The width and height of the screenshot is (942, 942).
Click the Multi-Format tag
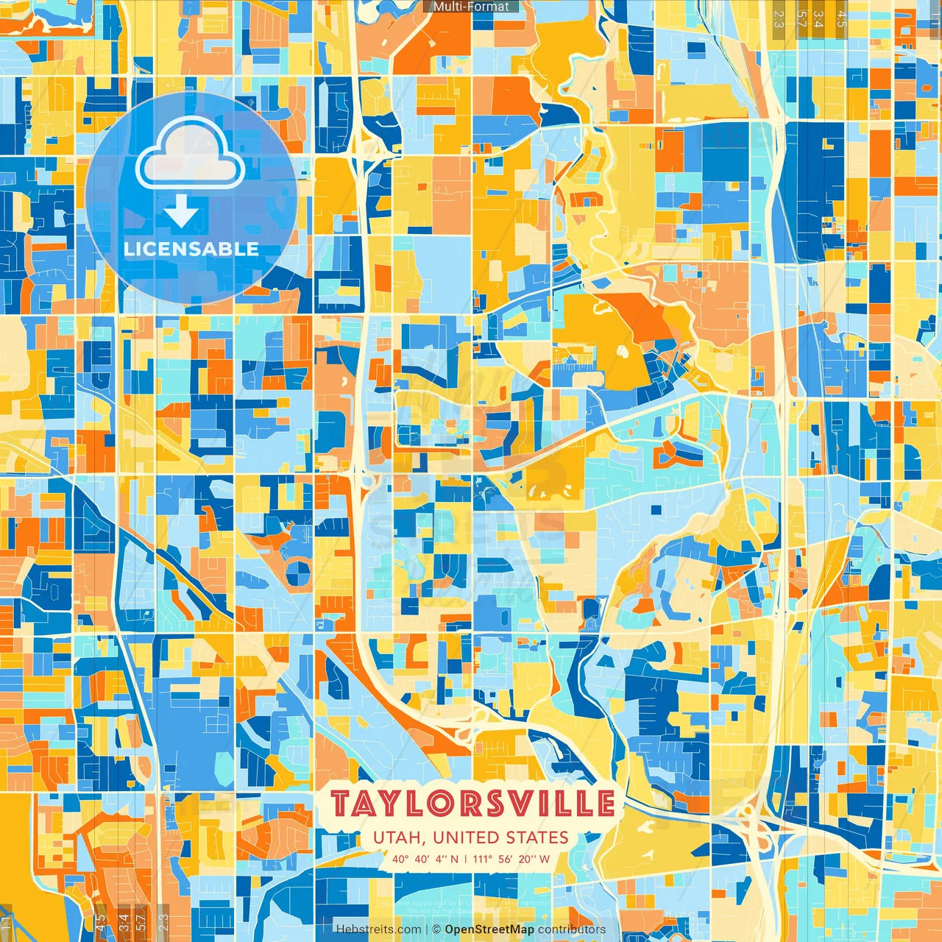[x=471, y=7]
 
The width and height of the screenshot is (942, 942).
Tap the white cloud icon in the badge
[x=190, y=154]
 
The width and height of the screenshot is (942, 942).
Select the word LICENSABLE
[x=191, y=249]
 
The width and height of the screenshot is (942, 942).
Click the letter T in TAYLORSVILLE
[x=341, y=804]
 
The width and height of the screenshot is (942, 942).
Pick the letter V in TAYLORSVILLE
[x=519, y=804]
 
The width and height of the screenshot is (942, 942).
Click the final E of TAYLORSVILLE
[x=605, y=804]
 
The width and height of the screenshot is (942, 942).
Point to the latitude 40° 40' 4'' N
[x=425, y=859]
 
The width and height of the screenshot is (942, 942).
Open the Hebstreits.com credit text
[x=378, y=929]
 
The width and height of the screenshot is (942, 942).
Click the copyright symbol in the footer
[x=436, y=929]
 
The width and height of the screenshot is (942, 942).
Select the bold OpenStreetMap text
[x=489, y=929]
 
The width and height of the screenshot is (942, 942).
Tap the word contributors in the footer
[x=572, y=929]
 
